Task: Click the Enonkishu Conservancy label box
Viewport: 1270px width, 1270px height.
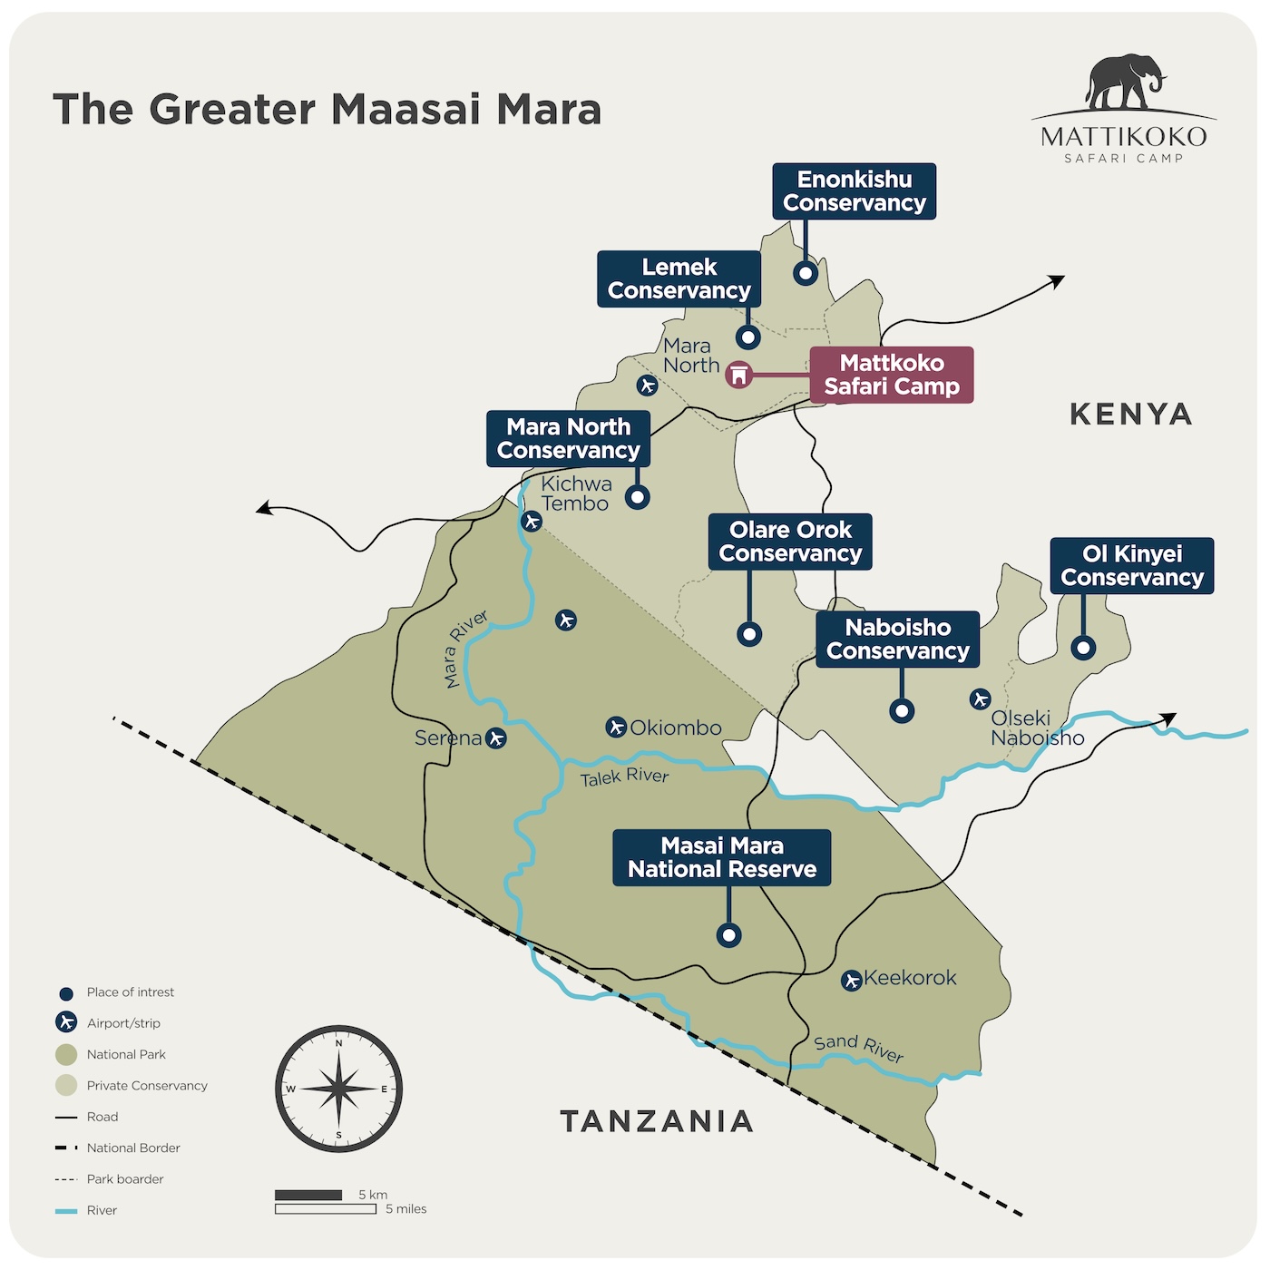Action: point(854,191)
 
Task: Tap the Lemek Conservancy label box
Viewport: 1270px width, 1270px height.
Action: point(679,279)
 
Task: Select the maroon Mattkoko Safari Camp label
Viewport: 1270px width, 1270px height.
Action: point(891,375)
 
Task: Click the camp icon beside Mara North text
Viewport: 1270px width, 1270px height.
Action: point(739,375)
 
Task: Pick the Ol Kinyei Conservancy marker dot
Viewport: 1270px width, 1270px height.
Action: point(1083,648)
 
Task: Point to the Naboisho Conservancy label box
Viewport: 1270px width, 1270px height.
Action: point(897,640)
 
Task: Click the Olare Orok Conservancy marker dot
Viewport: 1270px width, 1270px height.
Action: point(749,634)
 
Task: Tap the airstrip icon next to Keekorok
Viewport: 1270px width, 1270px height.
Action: point(851,981)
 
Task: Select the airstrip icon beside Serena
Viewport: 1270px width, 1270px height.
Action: point(495,738)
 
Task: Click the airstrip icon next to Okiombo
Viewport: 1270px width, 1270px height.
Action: point(616,728)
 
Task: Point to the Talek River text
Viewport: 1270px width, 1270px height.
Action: point(624,777)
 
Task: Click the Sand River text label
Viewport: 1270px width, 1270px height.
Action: point(858,1049)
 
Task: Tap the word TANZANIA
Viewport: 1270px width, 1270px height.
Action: point(657,1121)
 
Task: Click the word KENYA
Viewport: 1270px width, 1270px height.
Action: point(1130,415)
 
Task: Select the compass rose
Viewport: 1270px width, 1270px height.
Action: point(338,1089)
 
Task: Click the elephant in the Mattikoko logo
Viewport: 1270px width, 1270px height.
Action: point(1124,82)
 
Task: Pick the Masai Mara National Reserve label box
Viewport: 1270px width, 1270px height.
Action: point(722,857)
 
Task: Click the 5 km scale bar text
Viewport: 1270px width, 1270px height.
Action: point(373,1195)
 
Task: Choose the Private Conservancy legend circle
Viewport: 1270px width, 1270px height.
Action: point(66,1085)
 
